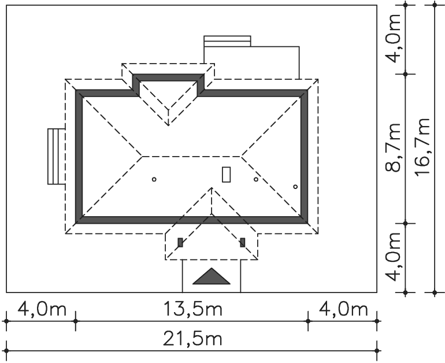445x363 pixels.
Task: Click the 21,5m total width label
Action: coord(192,339)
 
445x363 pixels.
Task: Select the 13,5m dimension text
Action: coord(193,309)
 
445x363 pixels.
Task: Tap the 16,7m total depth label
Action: coord(422,147)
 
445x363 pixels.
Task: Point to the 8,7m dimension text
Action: coord(393,147)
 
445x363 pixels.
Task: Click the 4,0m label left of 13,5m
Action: coord(42,309)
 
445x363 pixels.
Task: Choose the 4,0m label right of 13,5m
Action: coord(343,309)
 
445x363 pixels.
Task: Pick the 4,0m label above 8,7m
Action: coord(393,38)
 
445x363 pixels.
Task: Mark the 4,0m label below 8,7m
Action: coord(393,257)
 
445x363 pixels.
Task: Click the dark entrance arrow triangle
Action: coord(212,277)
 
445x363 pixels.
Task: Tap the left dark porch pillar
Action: coord(180,243)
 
